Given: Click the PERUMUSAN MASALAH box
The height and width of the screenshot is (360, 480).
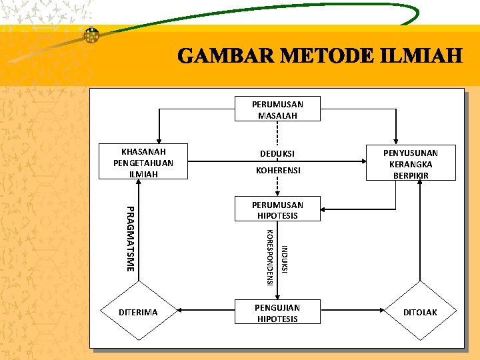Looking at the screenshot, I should coord(277,109).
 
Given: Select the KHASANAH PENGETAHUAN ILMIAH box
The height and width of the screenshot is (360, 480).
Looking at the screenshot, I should coord(143,162).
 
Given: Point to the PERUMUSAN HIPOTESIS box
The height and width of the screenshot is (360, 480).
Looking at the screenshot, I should coord(277,210).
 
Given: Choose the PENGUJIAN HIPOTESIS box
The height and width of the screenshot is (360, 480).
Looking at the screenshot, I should coord(277,313).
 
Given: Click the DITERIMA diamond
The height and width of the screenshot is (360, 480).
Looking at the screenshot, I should coord(138,312).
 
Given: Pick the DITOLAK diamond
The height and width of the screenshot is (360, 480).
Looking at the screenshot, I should coord(420,312).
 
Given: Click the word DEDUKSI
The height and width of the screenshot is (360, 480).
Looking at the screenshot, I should coord(277,154).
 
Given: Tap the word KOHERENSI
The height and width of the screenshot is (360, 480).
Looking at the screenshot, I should coord(278,171).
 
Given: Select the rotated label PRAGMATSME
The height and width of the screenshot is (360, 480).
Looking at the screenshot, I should coord(131,239).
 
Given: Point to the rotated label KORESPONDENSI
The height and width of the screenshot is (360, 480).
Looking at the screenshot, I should coord(269,257).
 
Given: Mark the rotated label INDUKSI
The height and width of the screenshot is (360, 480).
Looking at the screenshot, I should coord(285,259).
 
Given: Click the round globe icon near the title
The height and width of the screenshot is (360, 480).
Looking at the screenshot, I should coord(91,36).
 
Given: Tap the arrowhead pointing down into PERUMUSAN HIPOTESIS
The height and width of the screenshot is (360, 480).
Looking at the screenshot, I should coord(278,194).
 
